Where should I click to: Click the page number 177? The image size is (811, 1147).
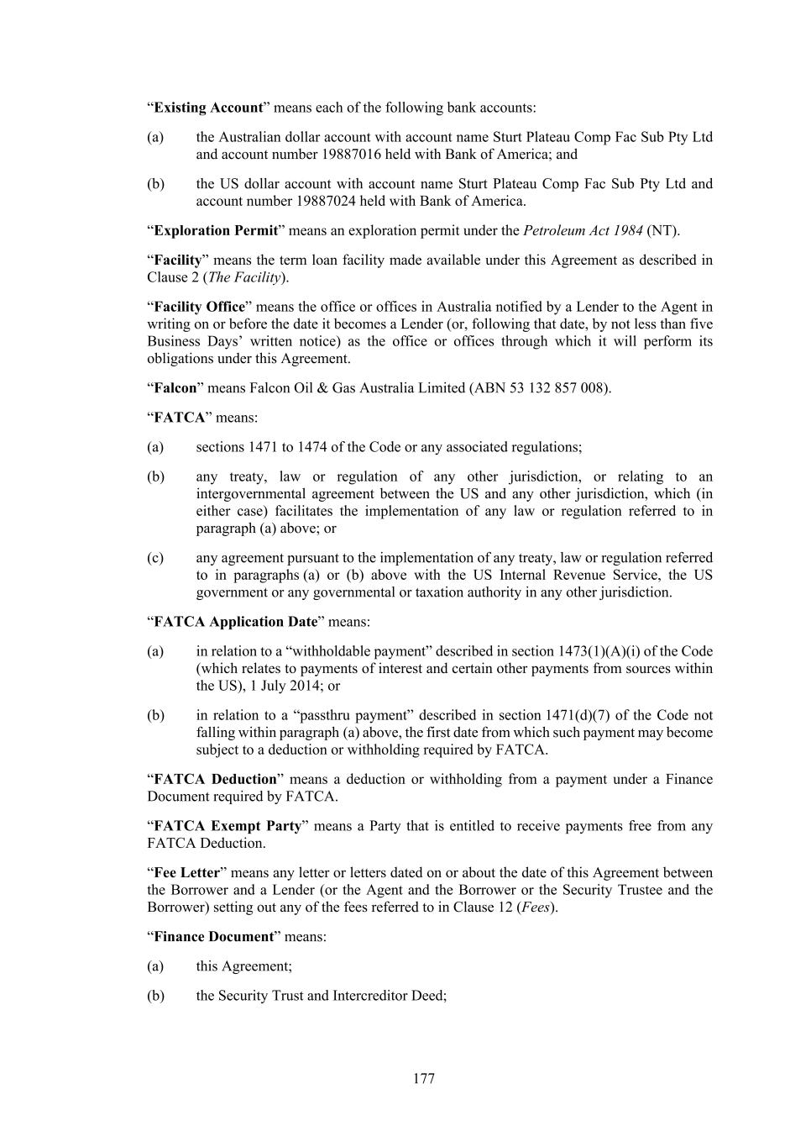(424, 1078)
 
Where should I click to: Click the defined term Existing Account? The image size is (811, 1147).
(208, 108)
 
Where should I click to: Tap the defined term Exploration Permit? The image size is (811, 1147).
(216, 230)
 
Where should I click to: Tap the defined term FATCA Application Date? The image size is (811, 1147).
(236, 622)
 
